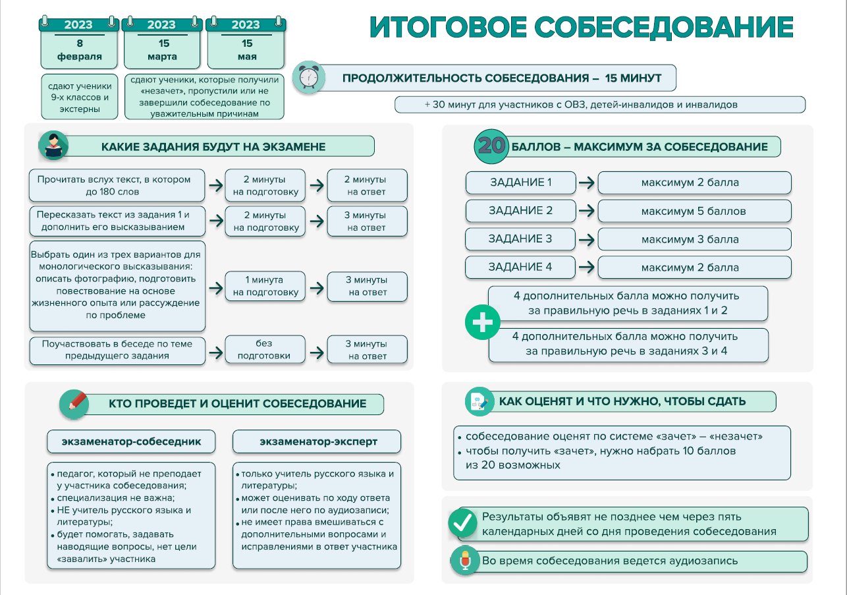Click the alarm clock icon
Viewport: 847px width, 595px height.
point(308,77)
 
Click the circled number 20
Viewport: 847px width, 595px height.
point(491,146)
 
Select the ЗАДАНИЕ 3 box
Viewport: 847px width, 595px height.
point(520,239)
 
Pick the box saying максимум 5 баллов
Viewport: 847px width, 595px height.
point(694,212)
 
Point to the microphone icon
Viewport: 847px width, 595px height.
point(464,561)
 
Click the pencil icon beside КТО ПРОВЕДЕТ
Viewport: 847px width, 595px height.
point(74,403)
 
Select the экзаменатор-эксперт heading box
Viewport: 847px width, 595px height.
point(316,441)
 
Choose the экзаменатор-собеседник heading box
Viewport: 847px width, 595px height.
point(131,441)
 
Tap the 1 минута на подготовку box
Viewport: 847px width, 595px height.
point(265,286)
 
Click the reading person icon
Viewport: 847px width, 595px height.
point(53,146)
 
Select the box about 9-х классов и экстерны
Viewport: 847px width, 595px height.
point(79,97)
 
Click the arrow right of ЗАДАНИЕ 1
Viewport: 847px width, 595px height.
point(587,183)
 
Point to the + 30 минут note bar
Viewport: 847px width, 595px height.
point(599,105)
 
